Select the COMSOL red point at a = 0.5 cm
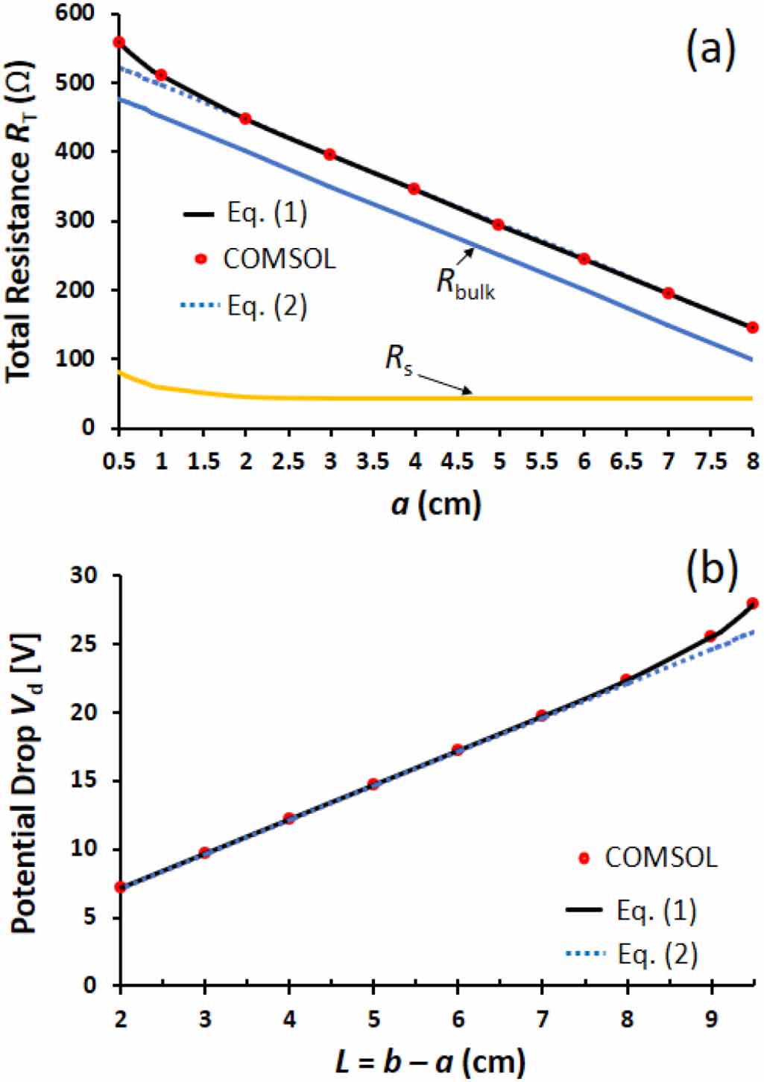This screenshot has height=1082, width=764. point(119,42)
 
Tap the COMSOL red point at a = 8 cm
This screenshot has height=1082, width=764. point(752,327)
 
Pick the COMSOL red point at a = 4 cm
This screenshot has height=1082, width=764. point(414,189)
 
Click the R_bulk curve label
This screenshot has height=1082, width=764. point(466,284)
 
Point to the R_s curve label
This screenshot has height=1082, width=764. point(399,359)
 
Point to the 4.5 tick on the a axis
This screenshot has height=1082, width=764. point(457,462)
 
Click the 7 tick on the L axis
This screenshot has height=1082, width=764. point(542,1018)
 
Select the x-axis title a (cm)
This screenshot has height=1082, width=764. point(437,504)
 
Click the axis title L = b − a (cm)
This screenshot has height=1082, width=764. point(430,1060)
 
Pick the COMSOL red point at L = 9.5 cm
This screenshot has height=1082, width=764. point(752,603)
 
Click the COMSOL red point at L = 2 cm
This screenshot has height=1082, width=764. point(120,887)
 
